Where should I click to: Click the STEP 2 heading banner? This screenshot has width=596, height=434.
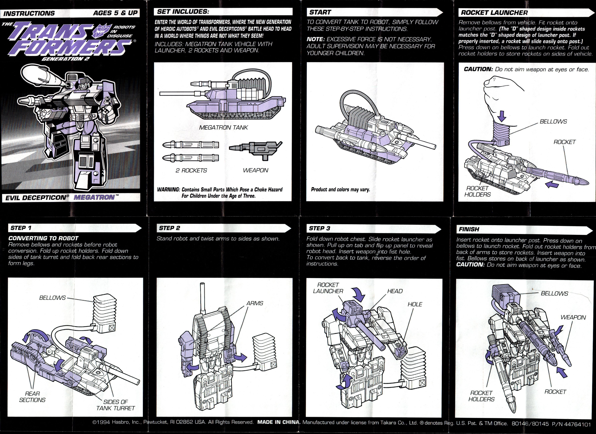point(170,228)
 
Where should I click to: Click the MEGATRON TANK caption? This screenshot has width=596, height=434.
point(223,128)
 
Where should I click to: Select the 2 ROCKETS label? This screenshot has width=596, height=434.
point(191,170)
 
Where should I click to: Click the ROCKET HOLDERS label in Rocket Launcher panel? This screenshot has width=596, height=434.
point(477,191)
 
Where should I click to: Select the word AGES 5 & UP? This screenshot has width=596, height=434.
point(115,13)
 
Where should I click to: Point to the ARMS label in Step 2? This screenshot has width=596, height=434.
point(254,303)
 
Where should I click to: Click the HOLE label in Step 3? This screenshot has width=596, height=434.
point(415,304)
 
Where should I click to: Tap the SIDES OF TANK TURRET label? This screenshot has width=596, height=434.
point(115,405)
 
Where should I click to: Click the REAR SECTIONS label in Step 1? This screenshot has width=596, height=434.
point(32,397)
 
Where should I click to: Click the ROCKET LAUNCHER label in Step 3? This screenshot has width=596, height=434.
point(328,288)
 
